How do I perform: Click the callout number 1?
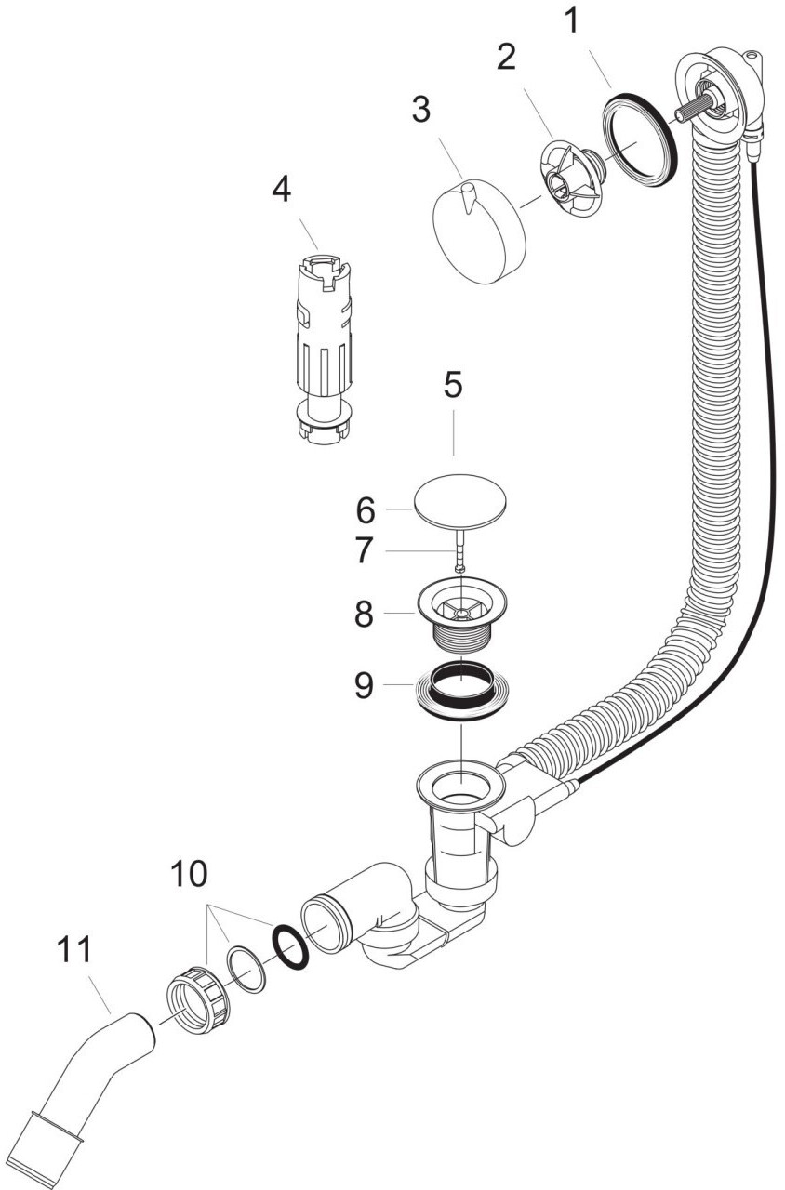click(573, 21)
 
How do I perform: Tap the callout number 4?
click(281, 190)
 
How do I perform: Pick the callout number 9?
click(364, 686)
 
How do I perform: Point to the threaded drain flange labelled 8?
click(461, 617)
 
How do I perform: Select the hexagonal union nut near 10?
click(199, 1001)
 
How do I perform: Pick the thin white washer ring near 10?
click(246, 972)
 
